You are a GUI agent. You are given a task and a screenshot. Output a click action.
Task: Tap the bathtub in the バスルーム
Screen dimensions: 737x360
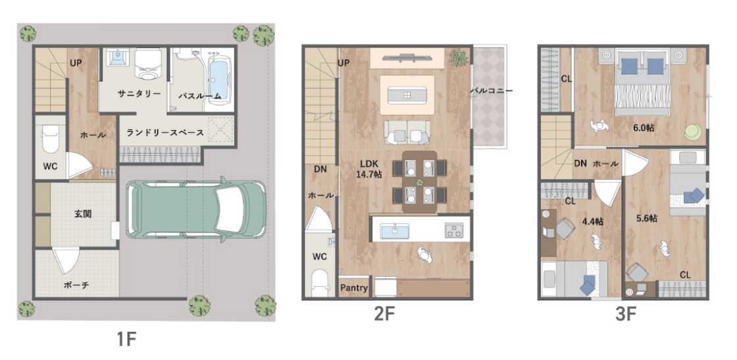(218, 78)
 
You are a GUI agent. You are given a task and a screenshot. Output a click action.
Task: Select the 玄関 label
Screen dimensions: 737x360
(83, 214)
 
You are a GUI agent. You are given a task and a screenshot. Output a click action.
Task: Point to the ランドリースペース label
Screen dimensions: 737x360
(165, 133)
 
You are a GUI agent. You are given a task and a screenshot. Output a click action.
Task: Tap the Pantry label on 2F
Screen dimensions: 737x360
(353, 288)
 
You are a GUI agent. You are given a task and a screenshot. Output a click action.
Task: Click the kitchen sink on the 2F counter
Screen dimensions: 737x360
(395, 231)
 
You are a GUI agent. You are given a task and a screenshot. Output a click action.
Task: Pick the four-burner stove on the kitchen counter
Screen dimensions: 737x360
(454, 230)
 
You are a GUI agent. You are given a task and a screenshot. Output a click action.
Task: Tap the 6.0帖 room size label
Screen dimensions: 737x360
(643, 128)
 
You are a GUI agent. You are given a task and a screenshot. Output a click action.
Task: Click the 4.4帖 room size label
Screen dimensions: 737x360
(593, 221)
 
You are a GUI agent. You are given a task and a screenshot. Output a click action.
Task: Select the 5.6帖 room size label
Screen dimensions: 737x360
(646, 219)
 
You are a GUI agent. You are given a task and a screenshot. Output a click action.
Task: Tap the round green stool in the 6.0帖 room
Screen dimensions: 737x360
(692, 131)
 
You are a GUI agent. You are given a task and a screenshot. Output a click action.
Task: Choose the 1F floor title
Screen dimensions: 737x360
(126, 338)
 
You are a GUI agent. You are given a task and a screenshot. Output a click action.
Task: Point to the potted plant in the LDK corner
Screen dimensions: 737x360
(457, 57)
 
